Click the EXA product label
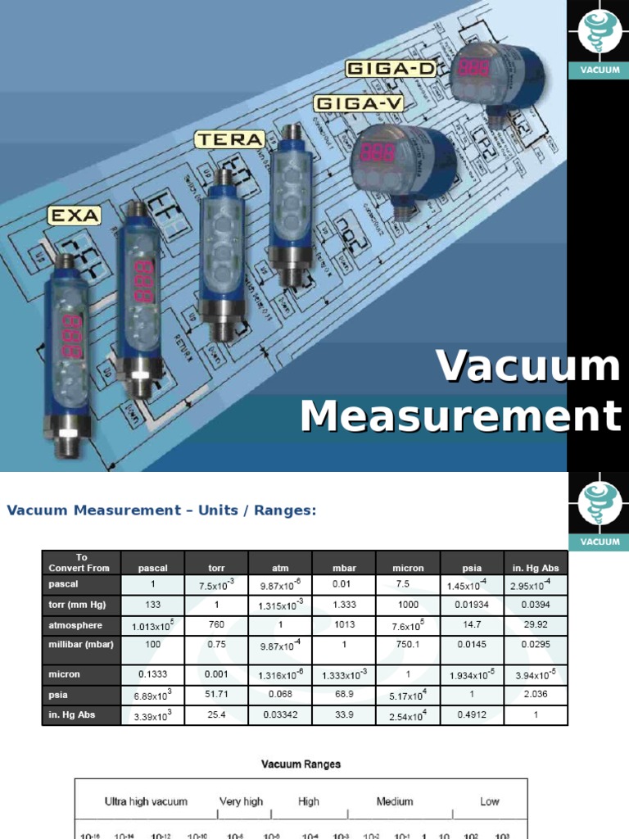coord(74,215)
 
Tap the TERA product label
coord(230,139)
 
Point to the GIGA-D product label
coord(391,68)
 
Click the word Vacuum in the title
coord(528,366)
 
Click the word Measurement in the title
coord(460,415)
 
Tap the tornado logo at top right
coord(598,33)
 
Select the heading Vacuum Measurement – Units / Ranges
coord(161,510)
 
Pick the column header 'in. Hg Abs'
coord(536,568)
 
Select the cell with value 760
coord(216,624)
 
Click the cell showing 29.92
coord(536,624)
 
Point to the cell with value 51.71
coord(216,694)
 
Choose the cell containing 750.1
coord(408,645)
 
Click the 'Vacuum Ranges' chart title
coord(301,764)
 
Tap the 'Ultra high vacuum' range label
coord(146,801)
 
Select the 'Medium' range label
coord(394,801)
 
